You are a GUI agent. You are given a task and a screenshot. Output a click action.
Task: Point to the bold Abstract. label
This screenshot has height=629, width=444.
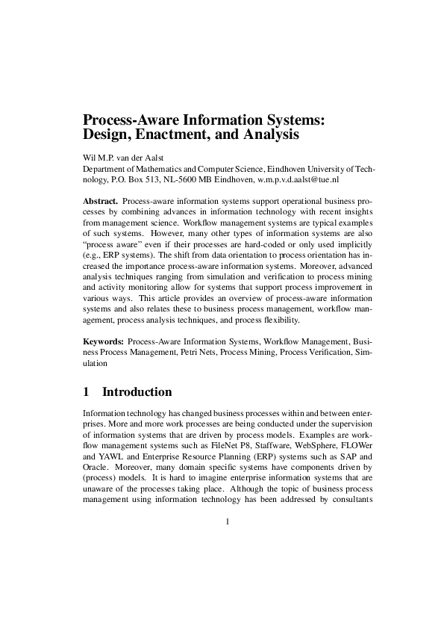pyautogui.click(x=100, y=202)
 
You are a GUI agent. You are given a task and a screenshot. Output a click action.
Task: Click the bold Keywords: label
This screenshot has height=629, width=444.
pyautogui.click(x=104, y=340)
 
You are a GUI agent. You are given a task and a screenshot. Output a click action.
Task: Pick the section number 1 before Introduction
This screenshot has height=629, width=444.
pyautogui.click(x=87, y=392)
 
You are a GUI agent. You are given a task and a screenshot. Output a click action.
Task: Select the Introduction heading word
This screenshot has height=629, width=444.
pyautogui.click(x=137, y=392)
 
